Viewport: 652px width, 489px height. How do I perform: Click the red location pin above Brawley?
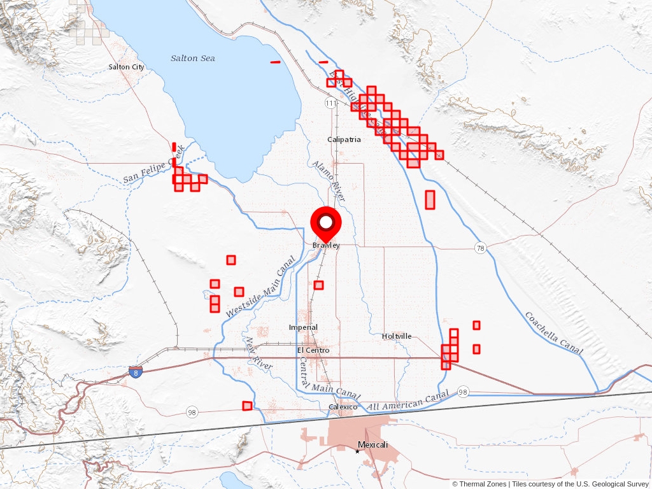click(326, 223)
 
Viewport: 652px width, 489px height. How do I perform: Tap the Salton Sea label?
click(192, 59)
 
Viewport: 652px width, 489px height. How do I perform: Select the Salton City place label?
click(126, 67)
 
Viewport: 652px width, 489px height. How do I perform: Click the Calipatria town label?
click(344, 139)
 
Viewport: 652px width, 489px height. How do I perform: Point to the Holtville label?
click(397, 336)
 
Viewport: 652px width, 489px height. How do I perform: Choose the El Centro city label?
click(313, 350)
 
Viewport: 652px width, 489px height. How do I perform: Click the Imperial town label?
click(303, 328)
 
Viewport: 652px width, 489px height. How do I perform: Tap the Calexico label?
click(343, 407)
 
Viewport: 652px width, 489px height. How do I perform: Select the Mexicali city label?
click(372, 445)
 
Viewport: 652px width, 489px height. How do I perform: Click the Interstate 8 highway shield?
click(134, 371)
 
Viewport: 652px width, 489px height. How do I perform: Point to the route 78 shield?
click(481, 248)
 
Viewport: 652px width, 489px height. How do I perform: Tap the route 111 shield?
click(330, 103)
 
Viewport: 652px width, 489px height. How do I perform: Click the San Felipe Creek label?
click(153, 165)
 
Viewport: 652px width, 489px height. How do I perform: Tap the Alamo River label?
click(329, 181)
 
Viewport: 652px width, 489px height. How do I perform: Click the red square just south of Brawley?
click(318, 285)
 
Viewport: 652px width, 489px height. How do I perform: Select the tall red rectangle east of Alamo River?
click(430, 199)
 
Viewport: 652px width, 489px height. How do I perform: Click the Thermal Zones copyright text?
click(479, 484)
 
